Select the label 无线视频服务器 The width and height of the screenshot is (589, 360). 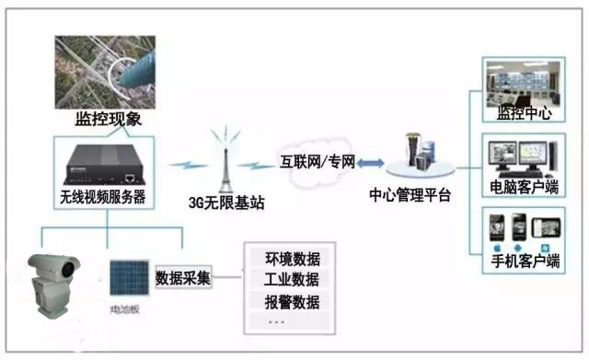tap(103, 196)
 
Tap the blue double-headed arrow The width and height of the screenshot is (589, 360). tap(370, 163)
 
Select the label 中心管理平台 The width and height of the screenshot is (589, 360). tap(410, 195)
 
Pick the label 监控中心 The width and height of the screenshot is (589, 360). tap(523, 114)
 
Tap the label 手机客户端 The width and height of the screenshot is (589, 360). tap(523, 261)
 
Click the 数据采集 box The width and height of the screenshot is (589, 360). tap(183, 277)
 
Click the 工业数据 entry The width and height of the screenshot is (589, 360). tap(292, 279)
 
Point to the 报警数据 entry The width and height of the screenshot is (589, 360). tap(292, 301)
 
